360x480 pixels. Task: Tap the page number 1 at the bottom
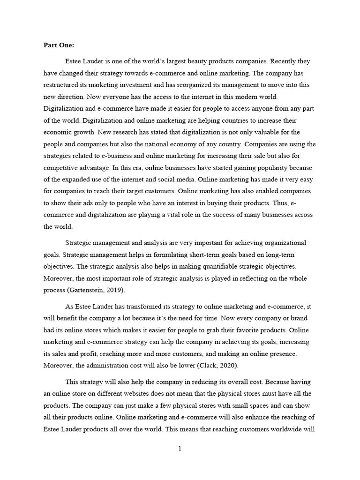180,448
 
